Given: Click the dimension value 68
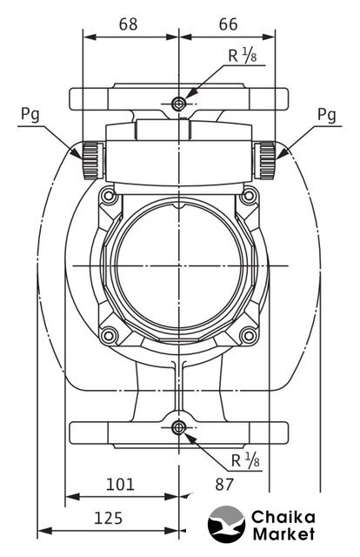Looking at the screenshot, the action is (x=128, y=24).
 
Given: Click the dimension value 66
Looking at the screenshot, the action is (x=228, y=24).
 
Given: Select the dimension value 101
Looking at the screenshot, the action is (x=120, y=485).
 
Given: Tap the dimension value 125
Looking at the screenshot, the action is (x=109, y=519).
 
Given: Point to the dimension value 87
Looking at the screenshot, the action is (x=224, y=485).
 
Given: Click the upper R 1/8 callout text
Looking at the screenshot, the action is (x=242, y=56).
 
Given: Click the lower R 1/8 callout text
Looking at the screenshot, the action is (x=245, y=460).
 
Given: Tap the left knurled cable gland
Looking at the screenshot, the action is (x=93, y=160).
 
